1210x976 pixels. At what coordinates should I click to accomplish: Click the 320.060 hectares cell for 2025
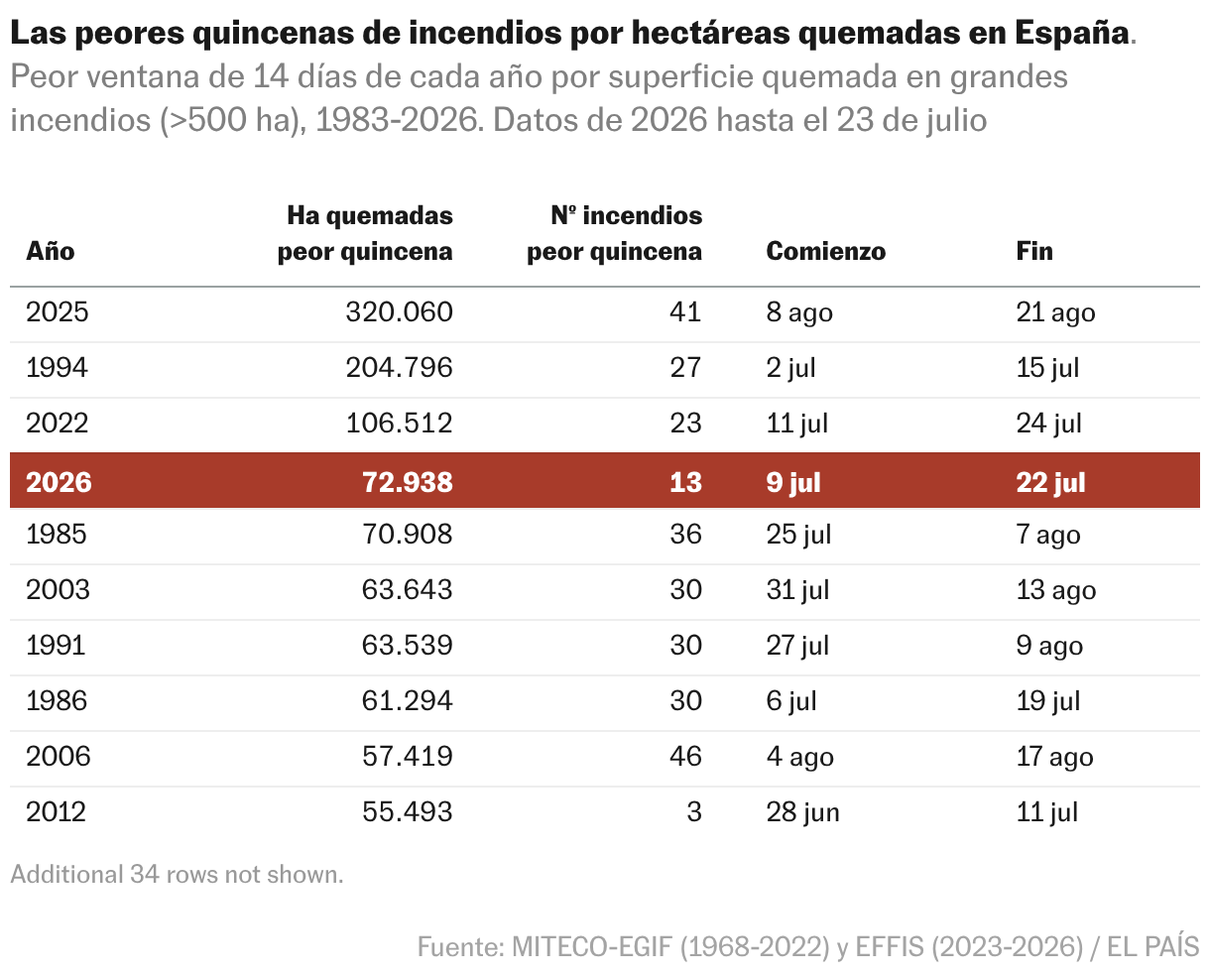click(x=400, y=311)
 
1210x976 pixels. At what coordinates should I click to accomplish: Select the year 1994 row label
click(x=57, y=367)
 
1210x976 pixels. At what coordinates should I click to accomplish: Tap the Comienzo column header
click(x=825, y=251)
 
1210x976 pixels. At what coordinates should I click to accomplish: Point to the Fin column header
click(x=1034, y=251)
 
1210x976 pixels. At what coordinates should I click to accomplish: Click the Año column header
click(x=50, y=251)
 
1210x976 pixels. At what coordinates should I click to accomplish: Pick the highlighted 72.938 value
click(x=407, y=482)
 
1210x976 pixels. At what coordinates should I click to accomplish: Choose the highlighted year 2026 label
click(x=59, y=482)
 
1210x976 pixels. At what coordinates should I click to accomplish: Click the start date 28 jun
click(x=802, y=811)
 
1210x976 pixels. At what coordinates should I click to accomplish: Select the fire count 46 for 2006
click(x=685, y=756)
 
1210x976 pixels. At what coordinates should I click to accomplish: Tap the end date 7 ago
click(x=1048, y=535)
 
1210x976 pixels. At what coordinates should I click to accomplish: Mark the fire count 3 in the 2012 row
click(x=694, y=811)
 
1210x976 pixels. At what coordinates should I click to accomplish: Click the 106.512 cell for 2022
click(x=400, y=423)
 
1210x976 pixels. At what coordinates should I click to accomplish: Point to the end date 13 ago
click(x=1056, y=590)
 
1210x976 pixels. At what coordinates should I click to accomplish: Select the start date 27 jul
click(x=797, y=646)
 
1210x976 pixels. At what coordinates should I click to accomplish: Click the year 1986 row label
click(x=57, y=701)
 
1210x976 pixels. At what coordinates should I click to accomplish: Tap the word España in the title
click(x=1072, y=33)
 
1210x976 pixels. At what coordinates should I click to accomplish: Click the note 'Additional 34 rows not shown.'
click(x=177, y=875)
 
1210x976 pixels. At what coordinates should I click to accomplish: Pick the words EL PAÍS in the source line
click(x=1152, y=947)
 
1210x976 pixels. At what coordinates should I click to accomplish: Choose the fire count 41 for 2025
click(x=685, y=311)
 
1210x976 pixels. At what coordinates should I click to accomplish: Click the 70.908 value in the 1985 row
click(x=407, y=535)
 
